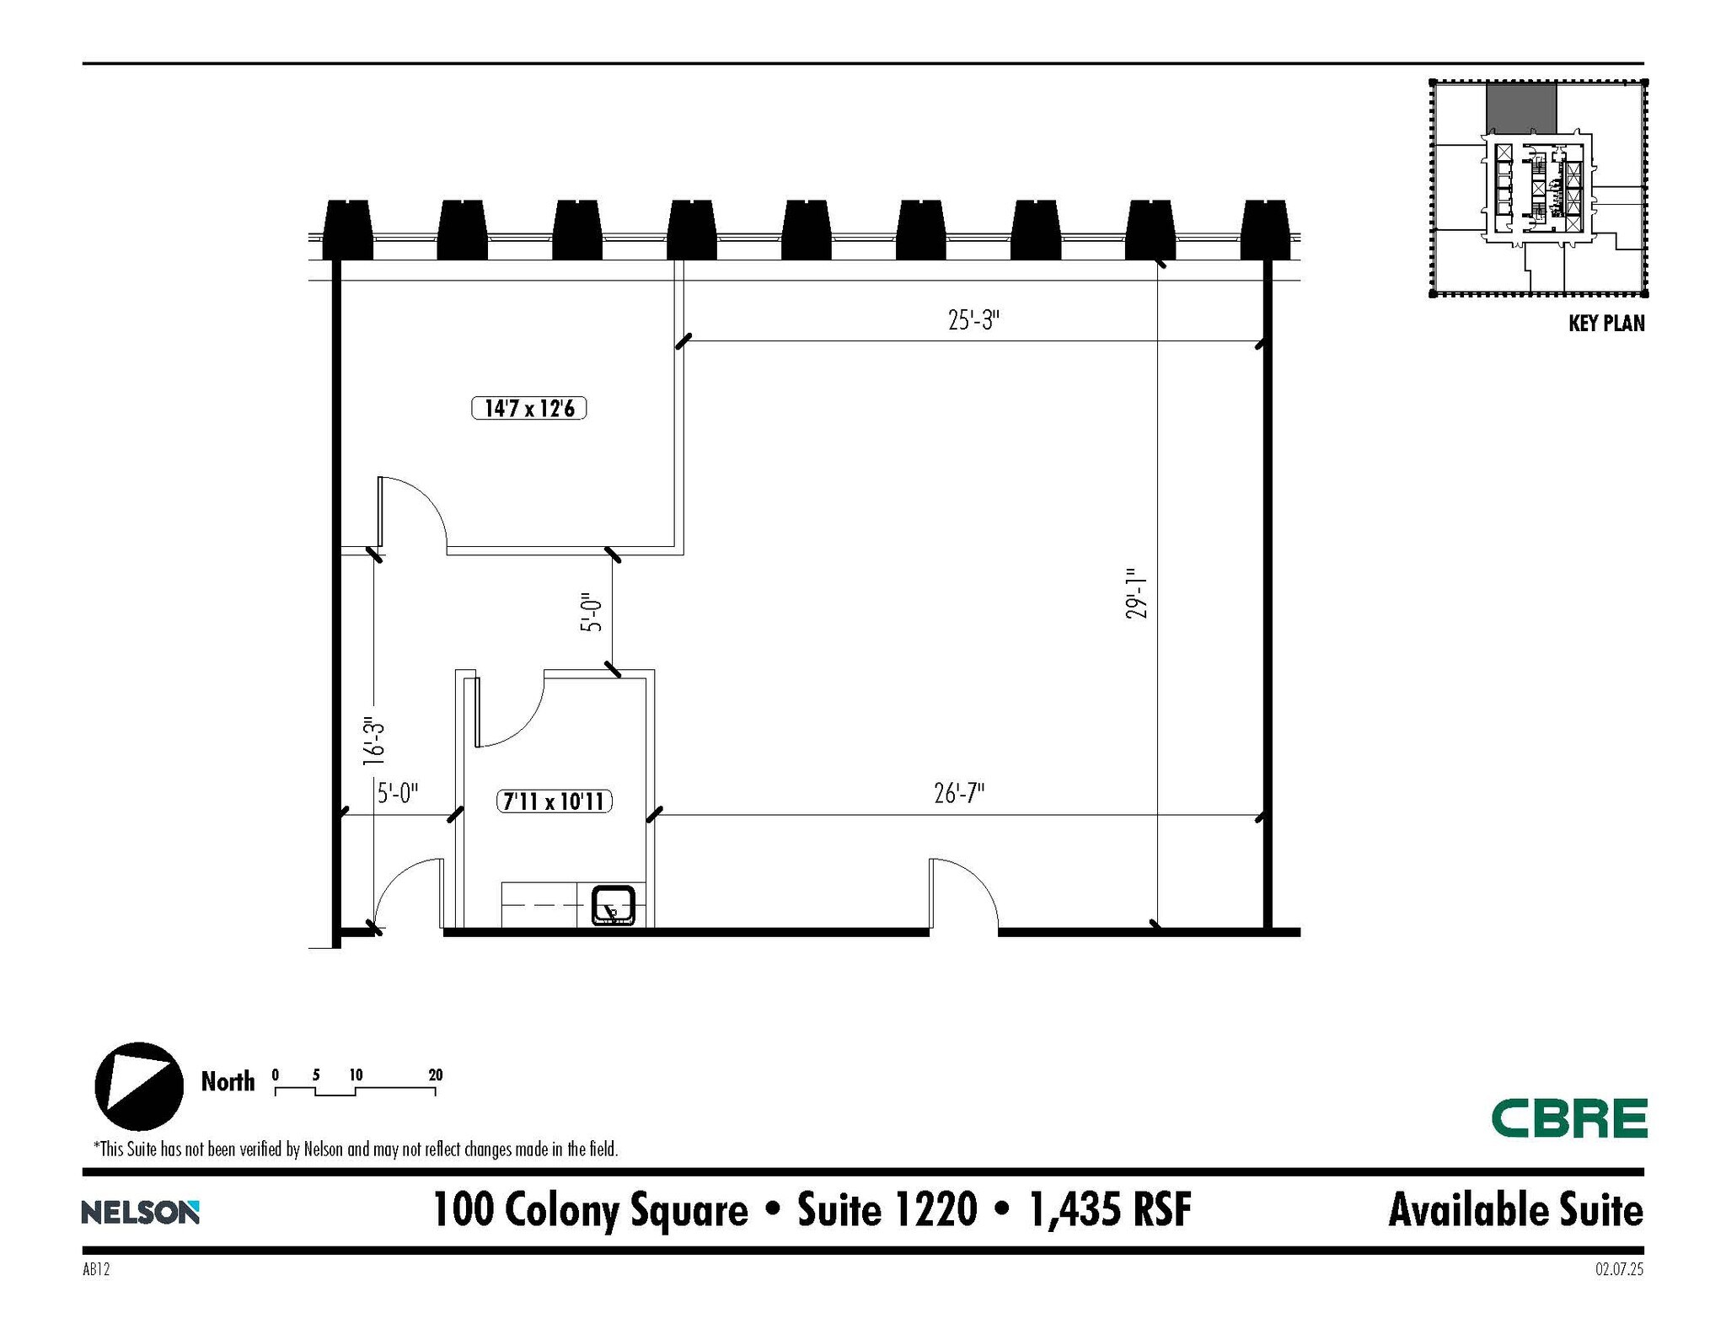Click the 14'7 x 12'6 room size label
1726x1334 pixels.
(528, 409)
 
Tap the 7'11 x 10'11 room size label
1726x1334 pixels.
(554, 801)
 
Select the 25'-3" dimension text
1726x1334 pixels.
(973, 320)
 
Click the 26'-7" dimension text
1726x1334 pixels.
(959, 793)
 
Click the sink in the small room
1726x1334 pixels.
(613, 905)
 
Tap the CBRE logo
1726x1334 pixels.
(1568, 1118)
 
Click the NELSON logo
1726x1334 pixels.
(140, 1213)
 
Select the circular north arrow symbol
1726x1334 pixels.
(139, 1086)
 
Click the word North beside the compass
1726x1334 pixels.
(228, 1081)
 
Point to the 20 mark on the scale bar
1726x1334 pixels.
(436, 1075)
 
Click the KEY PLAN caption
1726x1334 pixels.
(1605, 324)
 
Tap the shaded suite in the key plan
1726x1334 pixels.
(1520, 107)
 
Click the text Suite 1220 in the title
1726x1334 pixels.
(887, 1210)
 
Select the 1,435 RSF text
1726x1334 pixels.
(1110, 1210)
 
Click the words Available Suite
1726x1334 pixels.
(1515, 1210)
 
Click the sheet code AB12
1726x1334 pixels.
(96, 1269)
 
